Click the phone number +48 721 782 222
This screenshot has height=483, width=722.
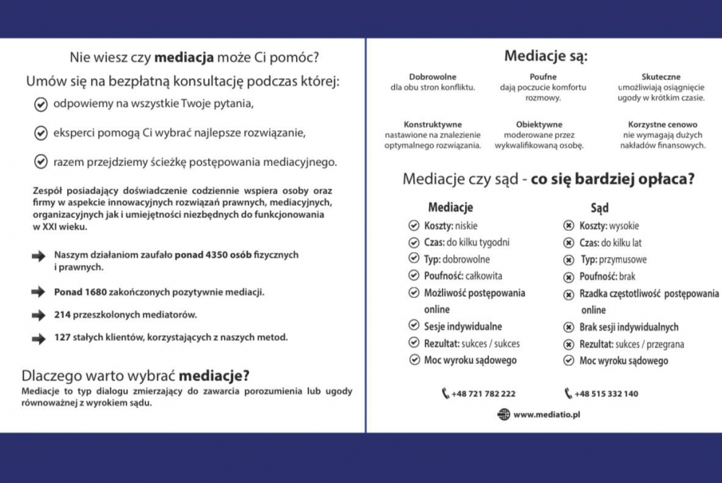[x=483, y=393]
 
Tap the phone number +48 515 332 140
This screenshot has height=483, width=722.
[x=606, y=393]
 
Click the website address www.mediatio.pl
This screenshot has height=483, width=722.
[x=548, y=414]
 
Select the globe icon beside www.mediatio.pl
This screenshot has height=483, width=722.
[x=503, y=414]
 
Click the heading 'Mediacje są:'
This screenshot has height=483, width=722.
[x=545, y=56]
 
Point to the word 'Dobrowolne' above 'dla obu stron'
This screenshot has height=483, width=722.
[x=432, y=77]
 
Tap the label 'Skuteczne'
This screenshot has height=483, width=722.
[x=661, y=77]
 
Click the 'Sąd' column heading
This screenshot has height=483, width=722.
[x=599, y=208]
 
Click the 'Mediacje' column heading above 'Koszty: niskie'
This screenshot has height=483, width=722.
[x=451, y=208]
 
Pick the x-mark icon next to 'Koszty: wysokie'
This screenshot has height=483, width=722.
[x=568, y=226]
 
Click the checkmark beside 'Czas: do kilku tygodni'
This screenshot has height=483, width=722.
[x=414, y=243]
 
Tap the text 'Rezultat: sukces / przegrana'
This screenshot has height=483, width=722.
[x=632, y=344]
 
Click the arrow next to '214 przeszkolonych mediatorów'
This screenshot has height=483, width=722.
[x=38, y=315]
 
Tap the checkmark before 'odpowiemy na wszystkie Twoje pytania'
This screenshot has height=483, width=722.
[x=41, y=104]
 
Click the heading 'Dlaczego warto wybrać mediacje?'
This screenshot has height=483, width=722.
[x=136, y=375]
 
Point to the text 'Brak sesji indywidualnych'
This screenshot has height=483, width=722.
[x=629, y=327]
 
